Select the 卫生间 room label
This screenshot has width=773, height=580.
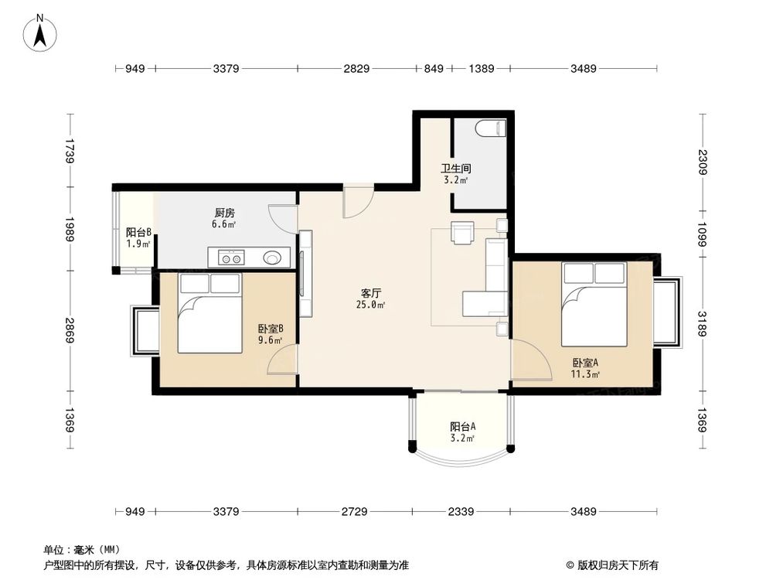coord(456,168)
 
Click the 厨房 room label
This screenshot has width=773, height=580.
coord(224,213)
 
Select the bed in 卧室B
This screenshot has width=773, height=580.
coord(209,313)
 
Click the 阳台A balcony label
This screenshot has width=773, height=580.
coord(462,426)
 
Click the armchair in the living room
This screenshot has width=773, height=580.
coord(462,233)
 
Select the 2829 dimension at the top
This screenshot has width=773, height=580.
coord(356,70)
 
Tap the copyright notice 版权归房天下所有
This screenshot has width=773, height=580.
coord(617,565)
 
